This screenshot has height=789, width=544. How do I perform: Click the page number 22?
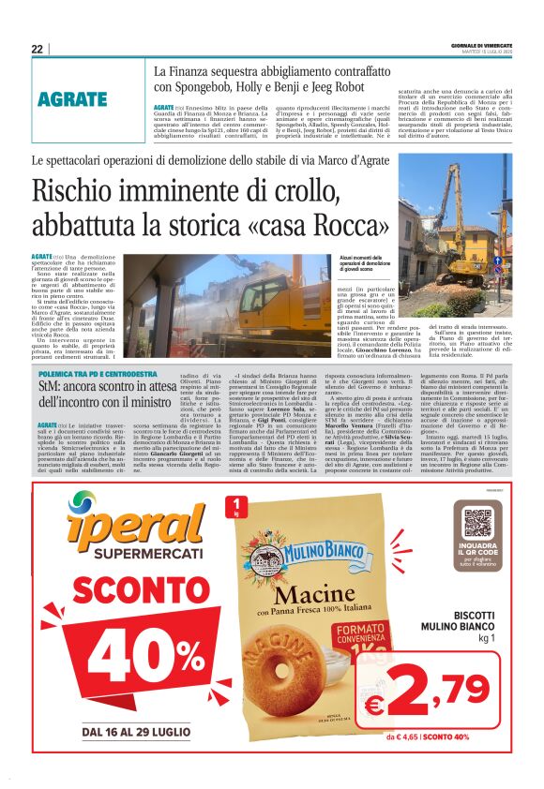pyautogui.click(x=37, y=49)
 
